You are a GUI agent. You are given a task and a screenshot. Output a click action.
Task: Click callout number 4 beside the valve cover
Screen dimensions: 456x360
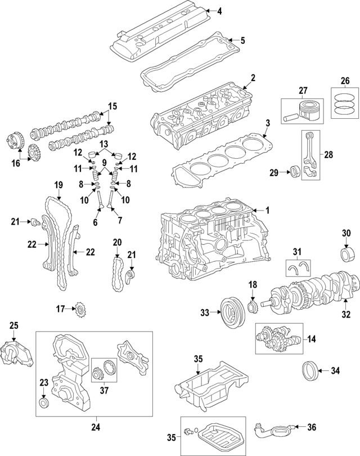[219, 10]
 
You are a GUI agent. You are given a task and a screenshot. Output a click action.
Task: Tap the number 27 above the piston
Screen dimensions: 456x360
[303, 90]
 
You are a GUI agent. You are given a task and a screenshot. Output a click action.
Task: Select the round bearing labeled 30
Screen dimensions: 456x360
[346, 253]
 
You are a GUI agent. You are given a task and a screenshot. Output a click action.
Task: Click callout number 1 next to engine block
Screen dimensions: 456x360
[267, 210]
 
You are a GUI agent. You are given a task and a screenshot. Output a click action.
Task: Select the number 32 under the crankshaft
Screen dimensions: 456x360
[346, 314]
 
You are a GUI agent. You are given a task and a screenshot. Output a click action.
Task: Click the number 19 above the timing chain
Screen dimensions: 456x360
[57, 185]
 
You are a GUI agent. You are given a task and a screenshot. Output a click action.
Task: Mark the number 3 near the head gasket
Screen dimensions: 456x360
[268, 122]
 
